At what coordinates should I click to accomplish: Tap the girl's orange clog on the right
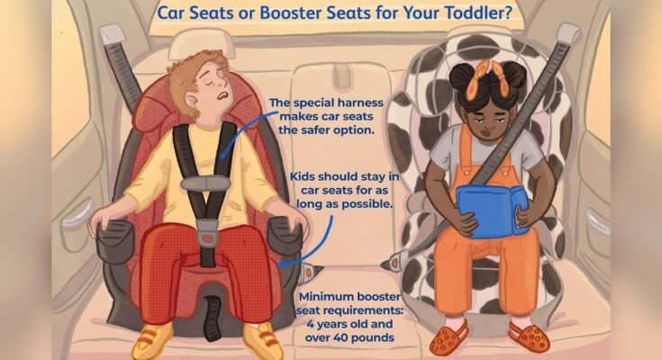coord(531,338)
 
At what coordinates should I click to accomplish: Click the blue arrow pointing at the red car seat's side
coord(293,253)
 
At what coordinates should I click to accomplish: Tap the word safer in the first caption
coord(348,132)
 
